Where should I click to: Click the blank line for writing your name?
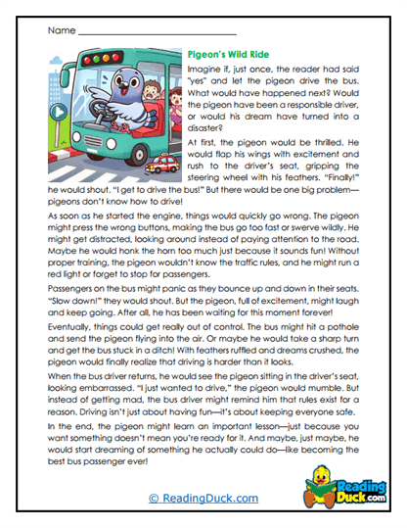[x=147, y=32]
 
